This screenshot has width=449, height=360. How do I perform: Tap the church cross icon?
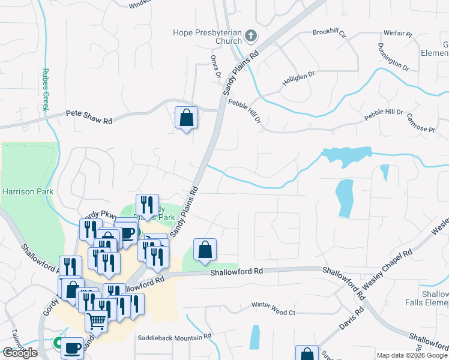click(x=251, y=37)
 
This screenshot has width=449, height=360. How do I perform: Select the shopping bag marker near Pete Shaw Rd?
click(x=187, y=118)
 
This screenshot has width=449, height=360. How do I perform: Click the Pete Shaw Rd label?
click(x=89, y=117)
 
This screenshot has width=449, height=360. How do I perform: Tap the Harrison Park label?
click(x=28, y=192)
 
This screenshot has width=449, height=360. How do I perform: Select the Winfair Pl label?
click(x=399, y=34)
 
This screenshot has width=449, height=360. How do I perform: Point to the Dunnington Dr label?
click(x=393, y=55)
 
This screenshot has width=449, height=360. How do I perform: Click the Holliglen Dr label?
click(x=298, y=77)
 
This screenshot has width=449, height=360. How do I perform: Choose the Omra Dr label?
click(x=215, y=67)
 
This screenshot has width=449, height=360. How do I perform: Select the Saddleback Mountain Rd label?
click(x=174, y=338)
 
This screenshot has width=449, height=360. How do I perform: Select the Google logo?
click(x=20, y=353)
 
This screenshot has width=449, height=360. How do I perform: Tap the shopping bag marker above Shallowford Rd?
click(x=205, y=250)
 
